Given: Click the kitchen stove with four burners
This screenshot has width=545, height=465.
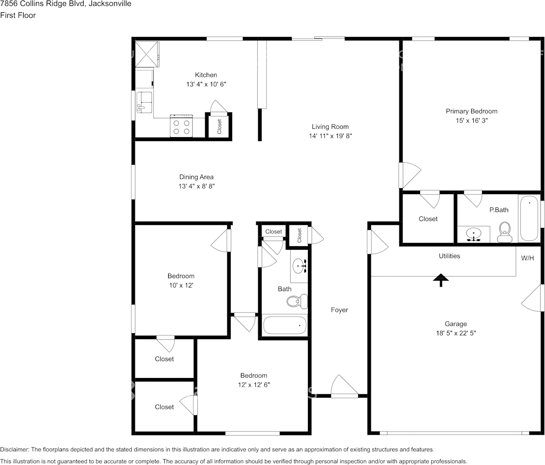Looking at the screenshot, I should pyautogui.click(x=181, y=126).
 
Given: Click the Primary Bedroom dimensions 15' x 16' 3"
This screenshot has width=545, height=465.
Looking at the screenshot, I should pyautogui.click(x=471, y=120).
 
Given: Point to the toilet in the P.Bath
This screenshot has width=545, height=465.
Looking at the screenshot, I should pyautogui.click(x=504, y=232).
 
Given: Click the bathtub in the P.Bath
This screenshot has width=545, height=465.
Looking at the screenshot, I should pyautogui.click(x=529, y=218).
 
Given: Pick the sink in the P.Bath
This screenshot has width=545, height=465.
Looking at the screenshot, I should pyautogui.click(x=473, y=234).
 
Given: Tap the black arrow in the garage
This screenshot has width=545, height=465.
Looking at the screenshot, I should pyautogui.click(x=441, y=280).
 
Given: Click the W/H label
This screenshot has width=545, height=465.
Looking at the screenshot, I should pyautogui.click(x=527, y=258).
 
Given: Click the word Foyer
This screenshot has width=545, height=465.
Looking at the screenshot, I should pyautogui.click(x=339, y=310).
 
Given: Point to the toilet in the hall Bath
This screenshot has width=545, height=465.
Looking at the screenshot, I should pyautogui.click(x=297, y=301).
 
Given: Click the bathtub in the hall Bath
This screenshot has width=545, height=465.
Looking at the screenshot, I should pyautogui.click(x=285, y=325).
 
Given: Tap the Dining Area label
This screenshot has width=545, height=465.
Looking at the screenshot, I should pyautogui.click(x=196, y=177).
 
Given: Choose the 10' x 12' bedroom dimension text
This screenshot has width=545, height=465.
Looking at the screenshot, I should pyautogui.click(x=181, y=285).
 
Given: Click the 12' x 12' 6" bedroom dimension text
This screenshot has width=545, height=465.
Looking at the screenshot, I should pyautogui.click(x=253, y=385).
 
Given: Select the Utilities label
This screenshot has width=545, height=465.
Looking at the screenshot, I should pyautogui.click(x=449, y=256).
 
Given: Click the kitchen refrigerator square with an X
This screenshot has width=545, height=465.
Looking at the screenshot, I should pyautogui.click(x=148, y=53).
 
